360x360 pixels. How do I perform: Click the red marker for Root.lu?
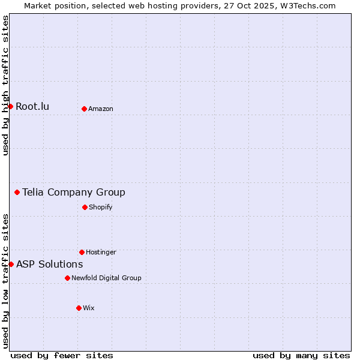tap(10, 106)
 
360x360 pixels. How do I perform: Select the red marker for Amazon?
tap(84, 109)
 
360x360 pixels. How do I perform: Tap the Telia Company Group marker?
tap(17, 192)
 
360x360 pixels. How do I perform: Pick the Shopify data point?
tap(85, 207)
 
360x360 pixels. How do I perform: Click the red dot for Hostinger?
tap(82, 252)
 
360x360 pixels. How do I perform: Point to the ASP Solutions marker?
tap(11, 264)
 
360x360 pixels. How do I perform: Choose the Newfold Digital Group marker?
tap(67, 278)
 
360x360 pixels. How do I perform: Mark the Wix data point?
tap(79, 308)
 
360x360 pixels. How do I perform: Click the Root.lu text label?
tap(32, 107)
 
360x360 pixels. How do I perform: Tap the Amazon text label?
tap(101, 109)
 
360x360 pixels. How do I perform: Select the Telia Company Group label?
tap(74, 193)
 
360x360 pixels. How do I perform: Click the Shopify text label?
tap(100, 207)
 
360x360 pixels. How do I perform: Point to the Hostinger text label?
tap(101, 252)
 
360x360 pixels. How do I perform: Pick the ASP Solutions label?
tap(49, 265)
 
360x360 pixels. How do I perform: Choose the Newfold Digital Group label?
tap(106, 278)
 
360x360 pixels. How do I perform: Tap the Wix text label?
tap(89, 308)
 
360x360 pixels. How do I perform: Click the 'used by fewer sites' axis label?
tap(62, 355)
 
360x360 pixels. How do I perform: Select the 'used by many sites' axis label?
tap(301, 355)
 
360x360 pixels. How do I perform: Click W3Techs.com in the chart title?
tap(307, 6)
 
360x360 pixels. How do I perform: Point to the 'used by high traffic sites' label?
tap(5, 86)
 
